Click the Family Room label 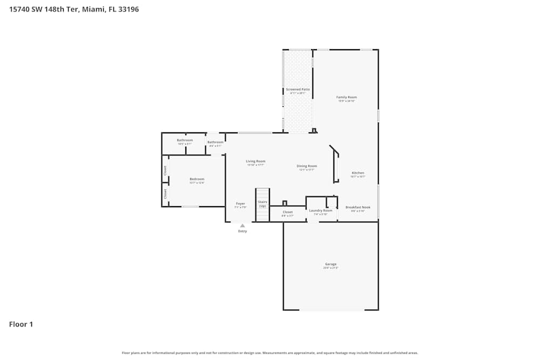tap(347, 97)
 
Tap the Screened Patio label tap(298, 89)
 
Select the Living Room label tap(255, 161)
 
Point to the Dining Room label tap(307, 166)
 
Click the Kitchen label tap(358, 173)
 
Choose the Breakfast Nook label tap(357, 207)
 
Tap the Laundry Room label tap(321, 210)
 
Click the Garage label tap(330, 264)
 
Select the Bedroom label tap(197, 179)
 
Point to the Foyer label tap(240, 204)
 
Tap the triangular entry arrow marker tap(242, 226)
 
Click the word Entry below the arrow tap(242, 232)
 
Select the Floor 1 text tap(21, 324)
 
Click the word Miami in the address tap(93, 9)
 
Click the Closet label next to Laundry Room tap(288, 212)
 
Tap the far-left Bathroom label tap(185, 140)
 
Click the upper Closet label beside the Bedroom tap(165, 170)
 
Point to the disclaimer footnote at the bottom tap(270, 353)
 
